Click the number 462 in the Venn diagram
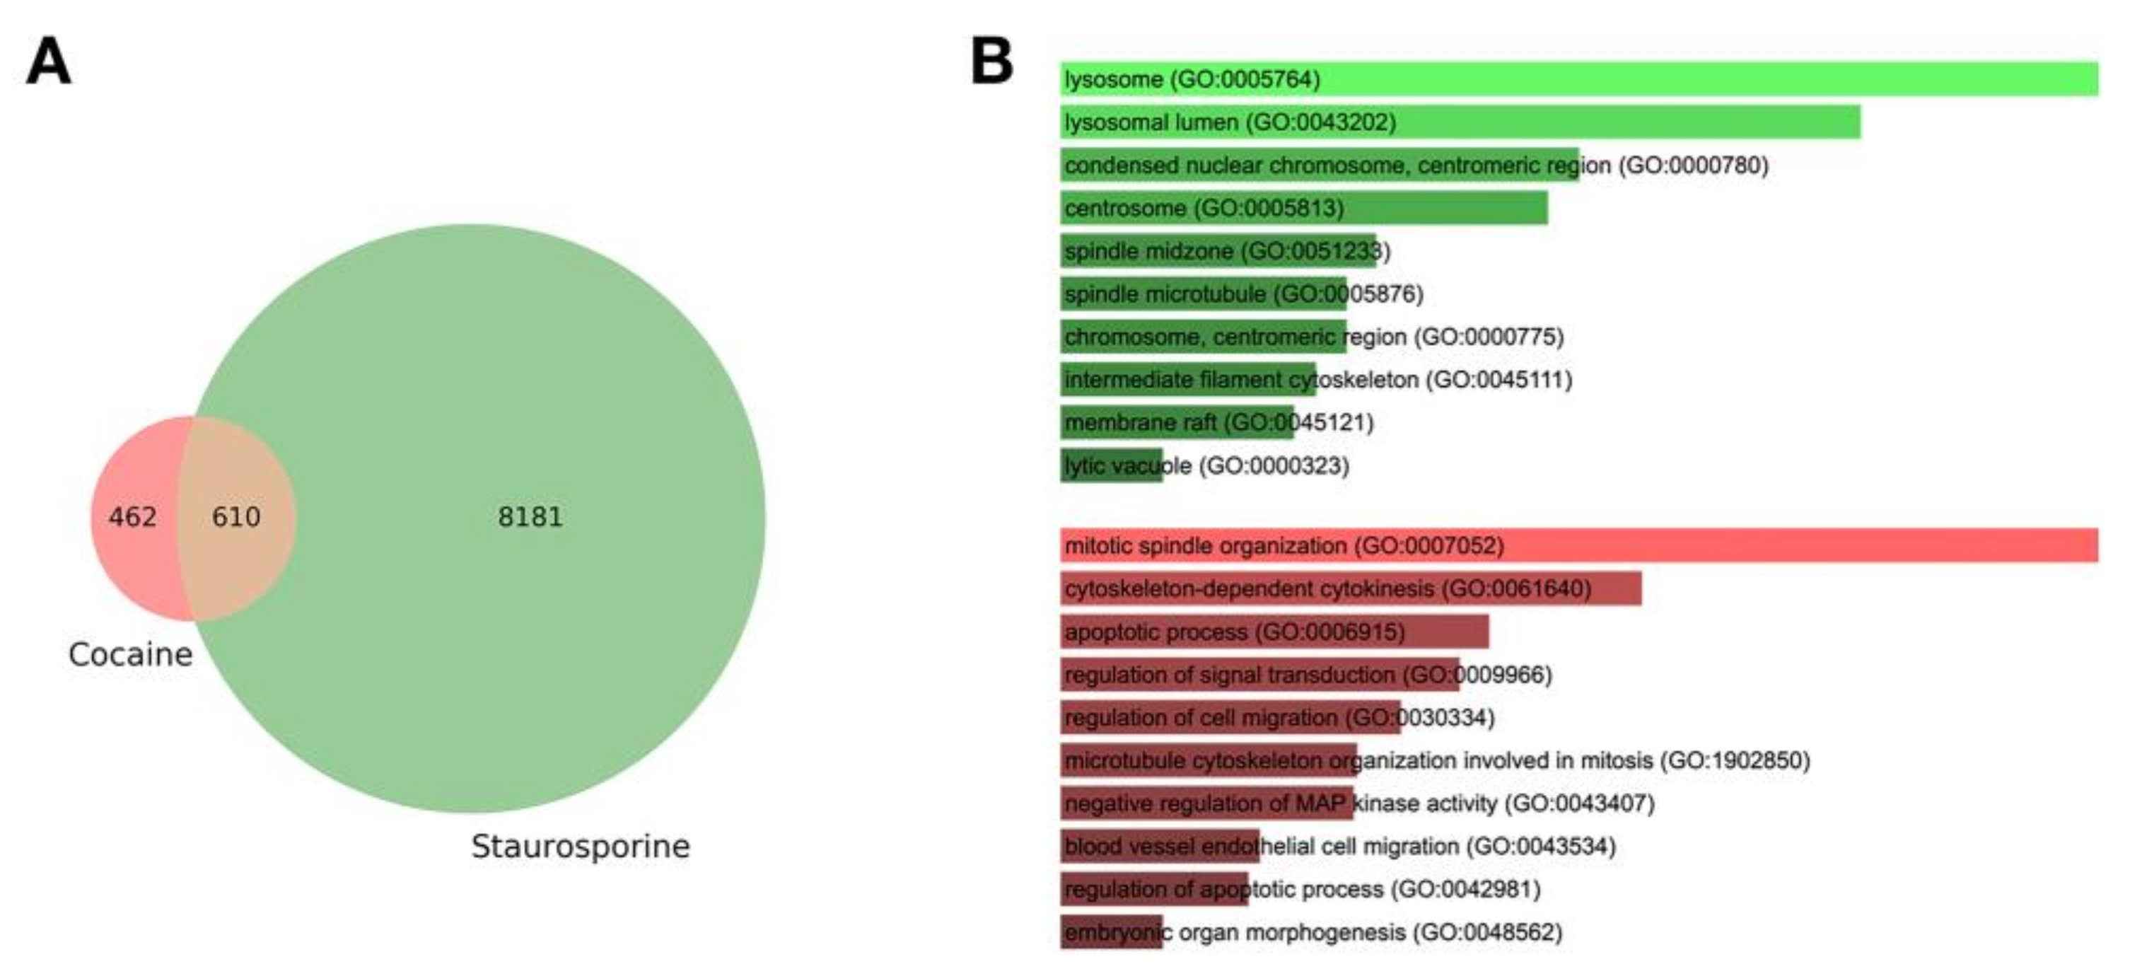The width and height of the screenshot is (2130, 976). pyautogui.click(x=132, y=517)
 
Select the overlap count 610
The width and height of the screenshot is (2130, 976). pyautogui.click(x=236, y=517)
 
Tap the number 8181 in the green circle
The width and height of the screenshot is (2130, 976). pyautogui.click(x=530, y=517)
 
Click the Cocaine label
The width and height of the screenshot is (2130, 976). pyautogui.click(x=131, y=654)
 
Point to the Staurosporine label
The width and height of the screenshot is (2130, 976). pyautogui.click(x=581, y=846)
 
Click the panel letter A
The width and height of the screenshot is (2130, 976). pyautogui.click(x=48, y=63)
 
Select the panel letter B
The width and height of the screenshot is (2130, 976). pyautogui.click(x=991, y=62)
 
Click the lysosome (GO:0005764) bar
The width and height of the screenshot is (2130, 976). pyautogui.click(x=1579, y=79)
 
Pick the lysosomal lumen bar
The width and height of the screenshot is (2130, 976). pyautogui.click(x=1460, y=122)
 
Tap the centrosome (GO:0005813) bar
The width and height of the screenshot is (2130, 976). pyautogui.click(x=1304, y=209)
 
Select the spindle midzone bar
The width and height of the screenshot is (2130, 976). pyautogui.click(x=1218, y=252)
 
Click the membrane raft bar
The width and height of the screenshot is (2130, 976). pyautogui.click(x=1177, y=423)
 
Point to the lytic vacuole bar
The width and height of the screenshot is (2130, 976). pyautogui.click(x=1111, y=465)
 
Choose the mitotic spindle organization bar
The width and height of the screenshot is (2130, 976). pyautogui.click(x=1579, y=546)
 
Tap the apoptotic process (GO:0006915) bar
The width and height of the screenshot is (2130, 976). pyautogui.click(x=1274, y=632)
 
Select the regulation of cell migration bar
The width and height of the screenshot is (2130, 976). pyautogui.click(x=1230, y=718)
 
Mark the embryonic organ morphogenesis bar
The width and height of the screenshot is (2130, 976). pyautogui.click(x=1111, y=933)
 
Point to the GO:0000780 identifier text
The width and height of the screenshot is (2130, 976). pyautogui.click(x=1694, y=165)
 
